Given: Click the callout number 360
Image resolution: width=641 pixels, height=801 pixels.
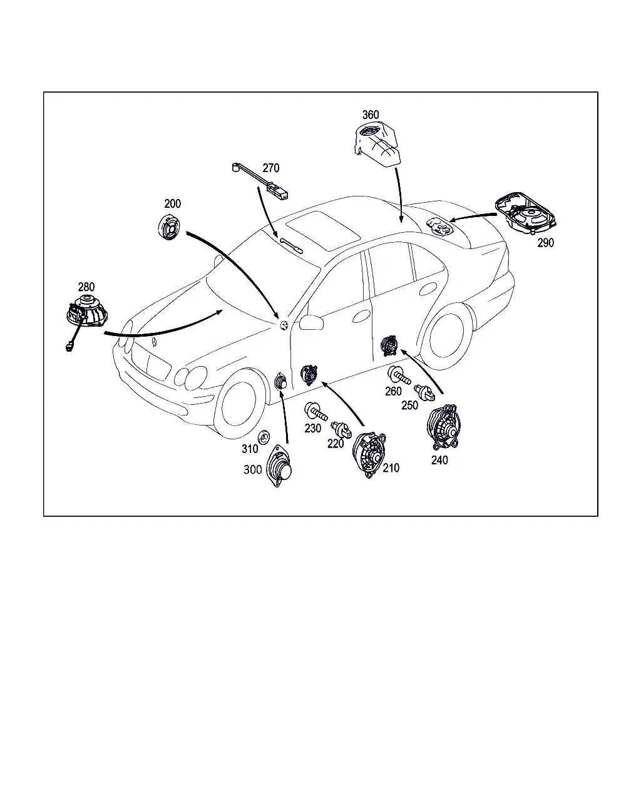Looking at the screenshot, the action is click(371, 115).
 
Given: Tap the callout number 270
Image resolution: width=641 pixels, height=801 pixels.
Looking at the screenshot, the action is click(271, 168).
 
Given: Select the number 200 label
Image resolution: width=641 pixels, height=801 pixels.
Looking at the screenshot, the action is click(172, 203).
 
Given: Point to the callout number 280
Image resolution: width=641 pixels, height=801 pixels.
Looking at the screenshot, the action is click(86, 287).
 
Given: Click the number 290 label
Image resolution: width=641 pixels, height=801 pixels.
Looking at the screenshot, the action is click(546, 243).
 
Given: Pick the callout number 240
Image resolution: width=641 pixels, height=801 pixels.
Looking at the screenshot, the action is click(439, 461).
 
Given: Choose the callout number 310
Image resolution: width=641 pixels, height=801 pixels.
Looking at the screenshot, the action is click(250, 449).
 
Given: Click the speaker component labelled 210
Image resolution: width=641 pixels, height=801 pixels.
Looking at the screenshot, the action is click(369, 455).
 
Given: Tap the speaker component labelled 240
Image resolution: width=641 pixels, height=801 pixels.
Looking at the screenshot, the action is click(444, 427).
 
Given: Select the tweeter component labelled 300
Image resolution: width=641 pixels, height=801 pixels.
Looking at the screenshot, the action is click(280, 466).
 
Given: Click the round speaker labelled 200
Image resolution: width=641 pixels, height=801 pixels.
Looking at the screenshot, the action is click(169, 227).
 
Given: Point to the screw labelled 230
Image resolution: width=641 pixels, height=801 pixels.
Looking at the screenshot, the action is click(316, 412).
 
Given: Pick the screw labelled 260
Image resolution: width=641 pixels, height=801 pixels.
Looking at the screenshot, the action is click(399, 375).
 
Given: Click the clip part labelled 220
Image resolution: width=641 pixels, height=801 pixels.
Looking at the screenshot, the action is click(341, 430).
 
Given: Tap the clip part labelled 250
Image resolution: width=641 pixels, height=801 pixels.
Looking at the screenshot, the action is click(424, 393).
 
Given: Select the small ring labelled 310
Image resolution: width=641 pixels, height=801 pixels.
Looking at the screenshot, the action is click(264, 437).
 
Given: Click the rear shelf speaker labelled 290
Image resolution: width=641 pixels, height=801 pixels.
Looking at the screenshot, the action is click(526, 213).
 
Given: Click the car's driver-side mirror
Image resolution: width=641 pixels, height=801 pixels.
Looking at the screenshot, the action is click(311, 322).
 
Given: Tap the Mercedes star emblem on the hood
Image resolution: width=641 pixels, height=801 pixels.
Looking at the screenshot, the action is click(154, 342).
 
